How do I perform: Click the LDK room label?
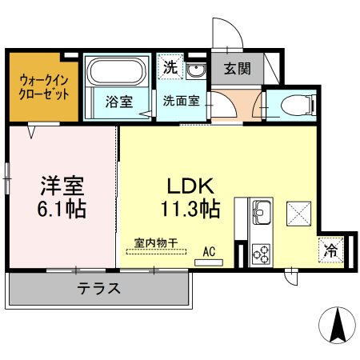(x=190, y=186)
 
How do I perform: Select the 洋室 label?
(x=63, y=186)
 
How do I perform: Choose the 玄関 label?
(x=236, y=69)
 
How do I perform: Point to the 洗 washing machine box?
(x=169, y=69)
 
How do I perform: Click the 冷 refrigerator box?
(x=330, y=249)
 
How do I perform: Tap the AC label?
(x=209, y=252)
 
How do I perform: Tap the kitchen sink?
(x=262, y=214)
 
